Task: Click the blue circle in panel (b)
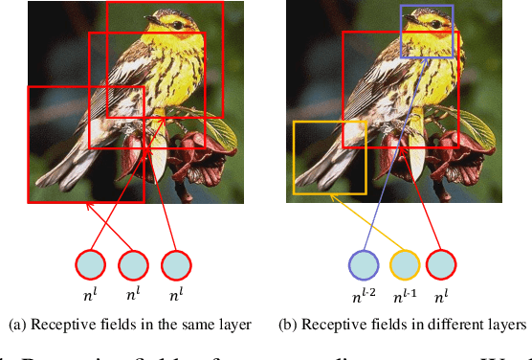pyautogui.click(x=364, y=264)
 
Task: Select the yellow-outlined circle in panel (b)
pyautogui.click(x=404, y=264)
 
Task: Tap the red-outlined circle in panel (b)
pyautogui.click(x=440, y=264)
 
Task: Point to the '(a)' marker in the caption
pyautogui.click(x=15, y=326)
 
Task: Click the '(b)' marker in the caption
pyautogui.click(x=288, y=326)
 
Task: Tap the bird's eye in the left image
pyautogui.click(x=154, y=18)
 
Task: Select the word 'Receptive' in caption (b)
pyautogui.click(x=332, y=326)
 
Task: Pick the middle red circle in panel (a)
pyautogui.click(x=133, y=264)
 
